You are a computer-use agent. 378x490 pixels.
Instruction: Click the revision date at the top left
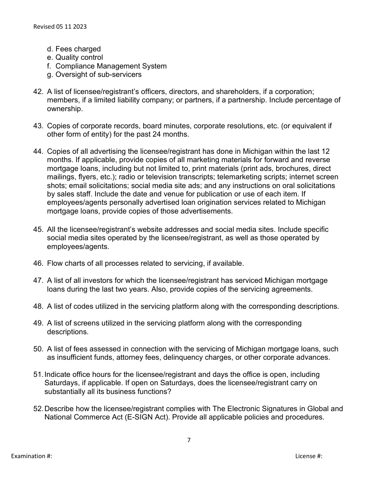pos(60,27)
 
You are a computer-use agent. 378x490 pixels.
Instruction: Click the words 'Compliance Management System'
pos(111,66)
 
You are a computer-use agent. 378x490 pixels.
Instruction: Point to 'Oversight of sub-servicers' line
pos(98,74)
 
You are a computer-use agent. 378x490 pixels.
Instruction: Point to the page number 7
pos(189,440)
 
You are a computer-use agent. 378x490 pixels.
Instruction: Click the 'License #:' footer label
pos(308,456)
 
